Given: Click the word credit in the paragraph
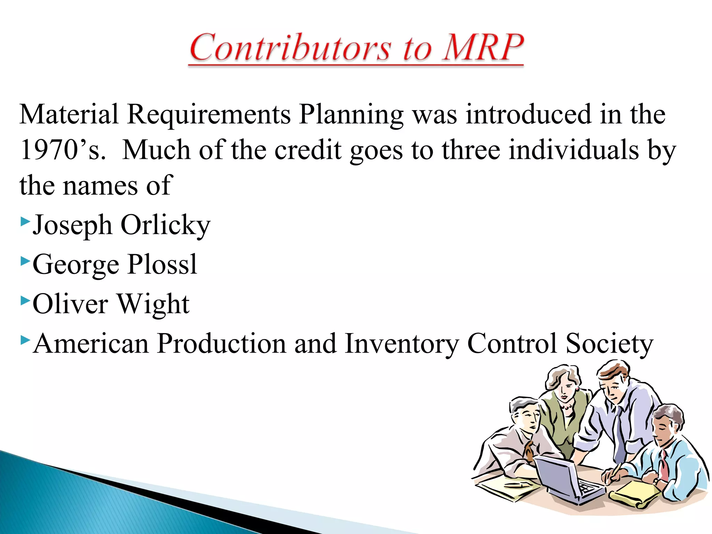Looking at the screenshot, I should (x=308, y=150).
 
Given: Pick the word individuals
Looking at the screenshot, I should (x=574, y=150).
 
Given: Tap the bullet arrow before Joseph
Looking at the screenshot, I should (x=24, y=221).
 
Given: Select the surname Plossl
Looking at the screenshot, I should (x=162, y=265).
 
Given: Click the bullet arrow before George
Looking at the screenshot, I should (x=24, y=260).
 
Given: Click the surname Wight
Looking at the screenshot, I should (x=153, y=304).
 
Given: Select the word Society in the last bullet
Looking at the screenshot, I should (x=609, y=343).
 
